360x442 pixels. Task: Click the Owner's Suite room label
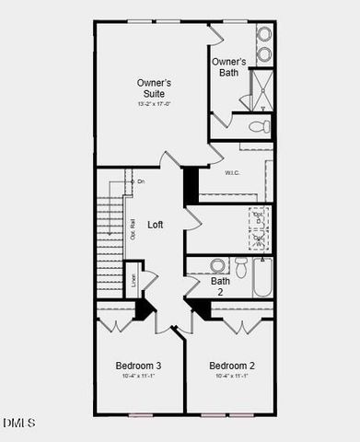(x=154, y=88)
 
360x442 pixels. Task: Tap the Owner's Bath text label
(x=229, y=67)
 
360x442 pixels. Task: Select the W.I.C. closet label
(x=232, y=172)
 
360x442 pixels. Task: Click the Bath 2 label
(x=221, y=286)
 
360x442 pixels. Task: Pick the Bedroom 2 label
(x=232, y=365)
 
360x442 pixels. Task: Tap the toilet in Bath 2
(x=241, y=267)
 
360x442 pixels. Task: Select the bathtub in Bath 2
(x=262, y=276)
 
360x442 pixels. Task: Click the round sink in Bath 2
(x=218, y=265)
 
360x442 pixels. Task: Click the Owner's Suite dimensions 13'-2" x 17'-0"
(x=154, y=104)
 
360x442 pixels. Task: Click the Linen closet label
(x=134, y=279)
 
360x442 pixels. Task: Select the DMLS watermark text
(x=18, y=423)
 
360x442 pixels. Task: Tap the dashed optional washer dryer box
(x=259, y=228)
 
